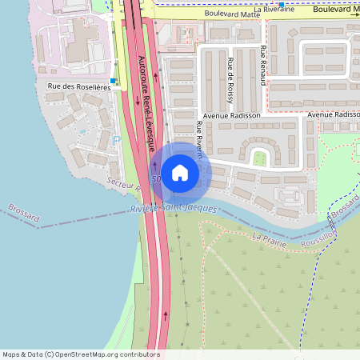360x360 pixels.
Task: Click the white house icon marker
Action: [180, 172]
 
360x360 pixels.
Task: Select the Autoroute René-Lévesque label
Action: [146, 105]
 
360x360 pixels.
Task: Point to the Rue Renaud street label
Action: [263, 66]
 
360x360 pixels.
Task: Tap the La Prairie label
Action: [268, 238]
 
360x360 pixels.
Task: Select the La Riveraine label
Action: [274, 9]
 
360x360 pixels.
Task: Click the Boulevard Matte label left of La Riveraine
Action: [233, 14]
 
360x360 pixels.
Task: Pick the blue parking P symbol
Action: [118, 140]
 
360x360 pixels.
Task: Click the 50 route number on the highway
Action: [155, 178]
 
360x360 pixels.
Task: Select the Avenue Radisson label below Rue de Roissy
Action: [232, 115]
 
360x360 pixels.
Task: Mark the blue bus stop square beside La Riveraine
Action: [281, 3]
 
